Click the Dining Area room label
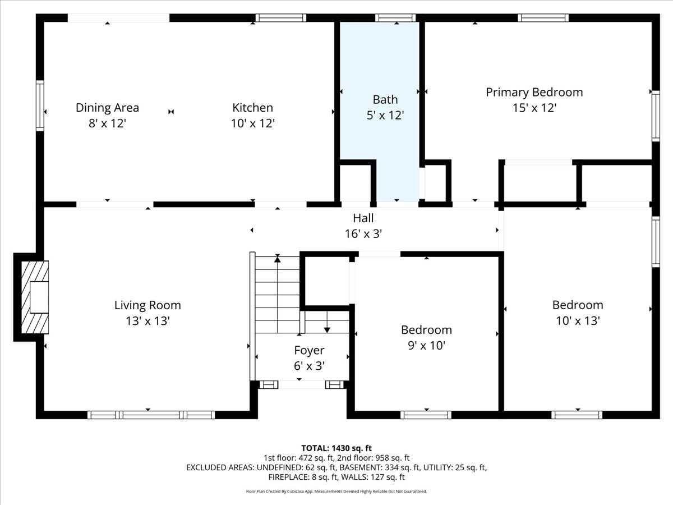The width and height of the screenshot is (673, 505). [107, 107]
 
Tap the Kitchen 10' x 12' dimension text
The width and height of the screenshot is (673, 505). [252, 123]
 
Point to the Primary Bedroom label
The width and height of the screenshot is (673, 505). [534, 92]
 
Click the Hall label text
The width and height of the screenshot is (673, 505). [363, 218]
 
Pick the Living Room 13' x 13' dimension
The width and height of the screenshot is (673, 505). [147, 321]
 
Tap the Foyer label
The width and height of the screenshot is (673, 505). [309, 350]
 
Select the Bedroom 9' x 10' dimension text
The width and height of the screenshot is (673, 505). [426, 346]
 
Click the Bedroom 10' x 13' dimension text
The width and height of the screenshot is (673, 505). [578, 321]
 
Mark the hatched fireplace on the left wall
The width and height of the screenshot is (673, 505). [34, 297]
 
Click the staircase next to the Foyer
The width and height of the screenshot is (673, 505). [278, 295]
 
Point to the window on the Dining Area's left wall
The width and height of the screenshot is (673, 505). [40, 105]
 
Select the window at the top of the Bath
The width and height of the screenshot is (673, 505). [395, 18]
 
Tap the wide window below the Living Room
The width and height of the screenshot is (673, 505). [151, 415]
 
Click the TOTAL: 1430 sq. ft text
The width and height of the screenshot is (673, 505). [336, 448]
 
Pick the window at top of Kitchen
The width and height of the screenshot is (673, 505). [280, 18]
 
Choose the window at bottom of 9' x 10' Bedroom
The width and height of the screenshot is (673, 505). [426, 415]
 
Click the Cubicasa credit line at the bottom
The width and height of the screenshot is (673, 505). [336, 492]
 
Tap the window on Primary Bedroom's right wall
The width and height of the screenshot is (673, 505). [655, 116]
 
